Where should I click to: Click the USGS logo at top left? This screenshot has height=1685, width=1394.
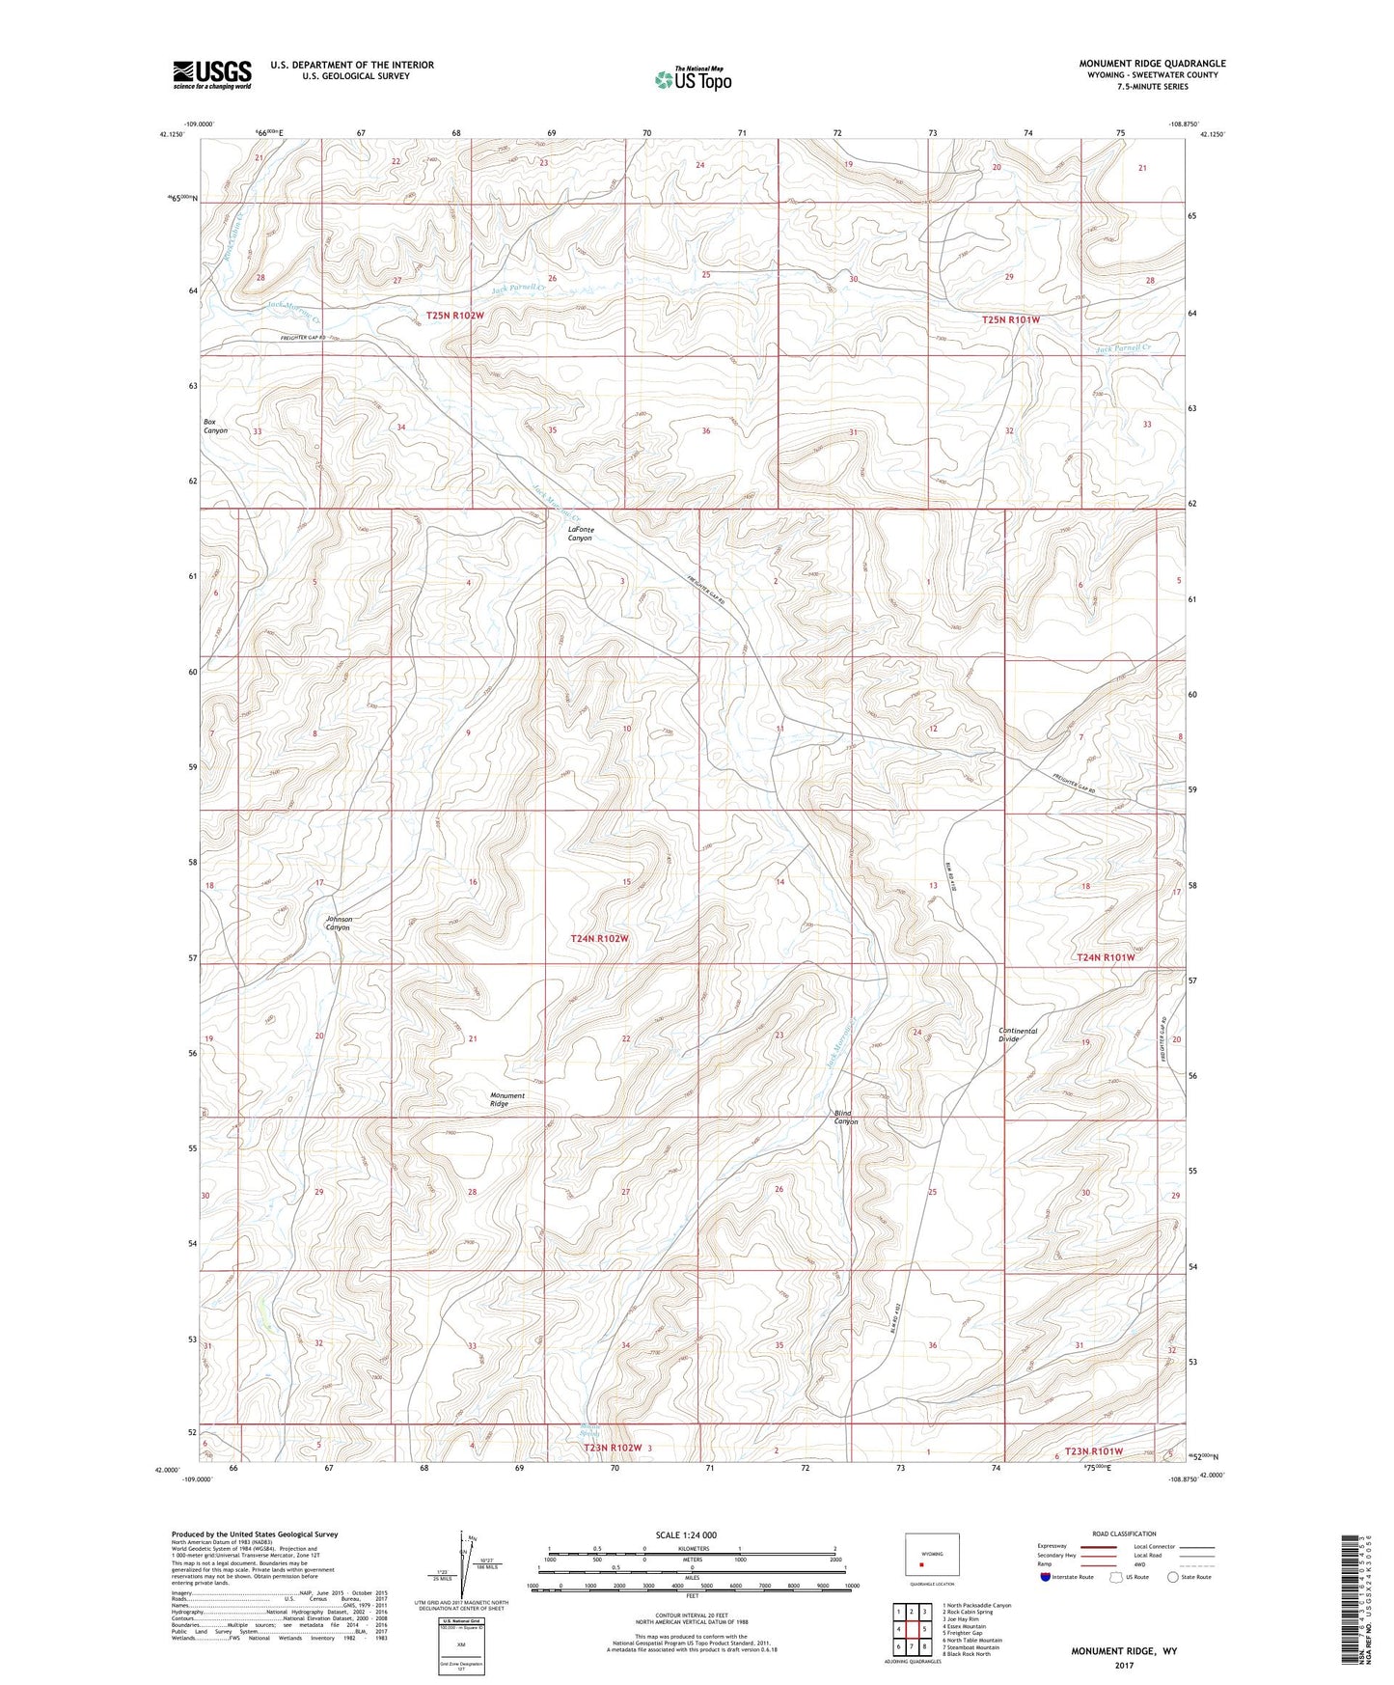coord(211,74)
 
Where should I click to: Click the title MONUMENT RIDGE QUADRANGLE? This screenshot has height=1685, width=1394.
coord(1152,64)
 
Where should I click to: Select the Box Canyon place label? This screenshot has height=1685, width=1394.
coord(215,426)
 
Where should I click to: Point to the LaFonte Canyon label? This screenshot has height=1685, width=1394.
coord(580,534)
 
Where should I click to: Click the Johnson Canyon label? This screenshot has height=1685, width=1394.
coord(339,924)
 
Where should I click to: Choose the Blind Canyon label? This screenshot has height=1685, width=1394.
coord(846,1118)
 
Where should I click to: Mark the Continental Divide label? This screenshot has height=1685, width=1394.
coord(1018,1035)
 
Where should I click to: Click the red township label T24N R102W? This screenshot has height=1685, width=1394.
coord(599,938)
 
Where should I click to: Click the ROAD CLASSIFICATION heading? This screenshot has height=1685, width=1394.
coord(1124,1533)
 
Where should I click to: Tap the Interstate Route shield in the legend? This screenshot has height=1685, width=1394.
coord(1048,1576)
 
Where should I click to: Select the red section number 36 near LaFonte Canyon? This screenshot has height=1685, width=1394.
coord(706,431)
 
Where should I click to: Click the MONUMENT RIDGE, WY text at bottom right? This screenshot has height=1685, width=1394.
coord(1123,1651)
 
